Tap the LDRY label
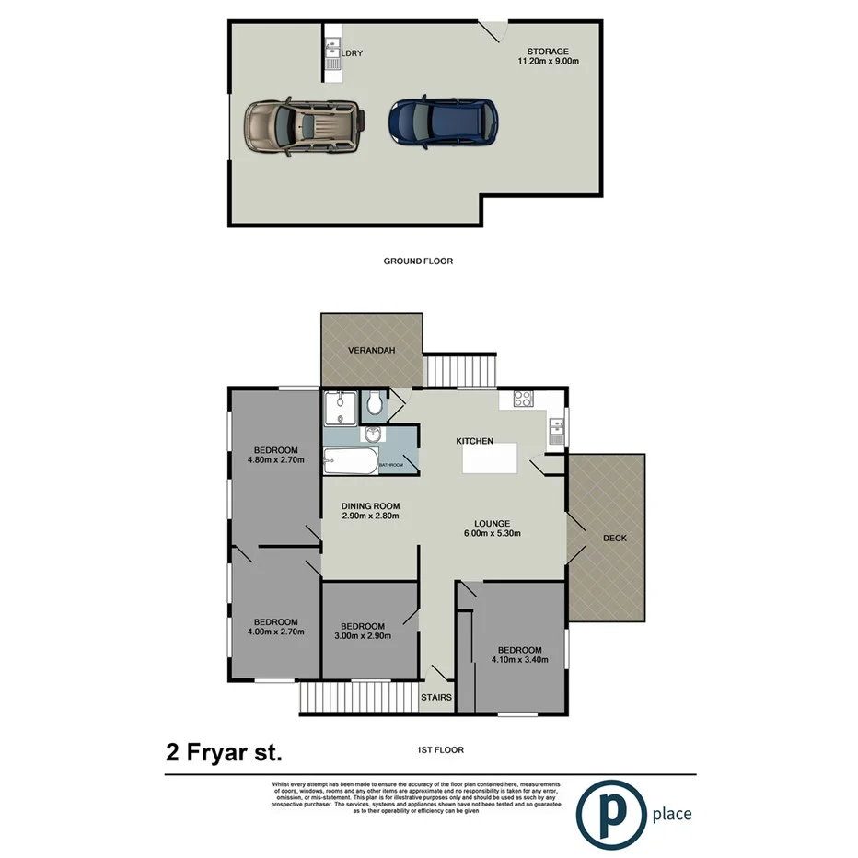coord(353,53)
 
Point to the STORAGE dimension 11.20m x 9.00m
coord(548,62)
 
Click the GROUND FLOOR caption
coord(418,261)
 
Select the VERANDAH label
coord(371,351)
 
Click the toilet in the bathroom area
coord(375,403)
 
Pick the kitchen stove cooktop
coord(522,400)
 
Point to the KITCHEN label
coord(475,442)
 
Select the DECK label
coord(614,538)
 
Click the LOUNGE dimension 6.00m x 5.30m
coord(493,534)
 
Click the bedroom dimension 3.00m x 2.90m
coord(364,635)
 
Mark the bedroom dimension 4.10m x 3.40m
coord(520,659)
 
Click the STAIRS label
coord(436,697)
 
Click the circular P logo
coord(609,812)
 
